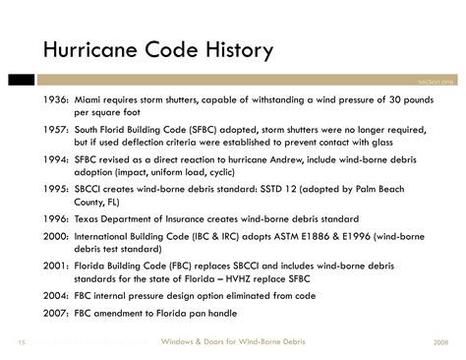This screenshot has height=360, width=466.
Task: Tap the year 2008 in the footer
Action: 440,340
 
